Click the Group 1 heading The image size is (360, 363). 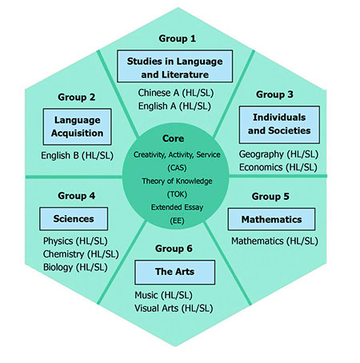click(178, 38)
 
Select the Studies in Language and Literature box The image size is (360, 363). click(175, 66)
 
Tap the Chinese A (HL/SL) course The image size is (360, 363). click(176, 93)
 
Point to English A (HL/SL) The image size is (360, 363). click(174, 106)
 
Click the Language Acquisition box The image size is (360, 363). click(77, 126)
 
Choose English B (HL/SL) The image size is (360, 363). click(77, 155)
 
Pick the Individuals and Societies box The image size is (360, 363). click(279, 125)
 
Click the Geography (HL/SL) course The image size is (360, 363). click(278, 154)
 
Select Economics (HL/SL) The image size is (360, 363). click(278, 167)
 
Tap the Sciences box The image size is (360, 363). click(74, 219)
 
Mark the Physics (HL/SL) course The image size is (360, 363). click(75, 241)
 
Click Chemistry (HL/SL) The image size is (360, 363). click(81, 254)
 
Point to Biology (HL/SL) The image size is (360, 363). click(75, 267)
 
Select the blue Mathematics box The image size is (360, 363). click(271, 219)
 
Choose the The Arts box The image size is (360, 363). click(174, 272)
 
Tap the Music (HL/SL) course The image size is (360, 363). click(163, 295)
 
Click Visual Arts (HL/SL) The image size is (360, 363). click(174, 309)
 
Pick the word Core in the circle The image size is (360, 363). click(173, 138)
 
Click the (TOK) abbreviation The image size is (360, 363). click(177, 194)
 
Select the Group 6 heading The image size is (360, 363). click(174, 249)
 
